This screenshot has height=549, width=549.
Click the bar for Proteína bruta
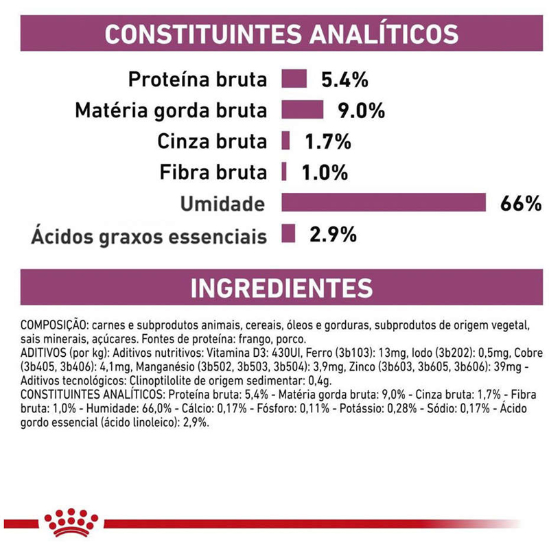tap(293, 79)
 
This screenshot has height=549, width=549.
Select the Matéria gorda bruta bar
tap(302, 110)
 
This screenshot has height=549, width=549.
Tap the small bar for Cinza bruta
tap(285, 141)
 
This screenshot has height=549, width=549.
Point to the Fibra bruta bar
tap(284, 172)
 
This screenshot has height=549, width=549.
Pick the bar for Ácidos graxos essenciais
tap(288, 234)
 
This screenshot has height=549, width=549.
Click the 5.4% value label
tap(345, 80)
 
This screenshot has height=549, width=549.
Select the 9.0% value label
tap(361, 111)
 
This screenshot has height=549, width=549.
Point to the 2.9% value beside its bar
tap(333, 235)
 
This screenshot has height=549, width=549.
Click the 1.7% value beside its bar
tap(328, 142)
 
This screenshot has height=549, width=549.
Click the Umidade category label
tap(222, 204)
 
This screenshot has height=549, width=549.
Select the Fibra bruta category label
tap(212, 173)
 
